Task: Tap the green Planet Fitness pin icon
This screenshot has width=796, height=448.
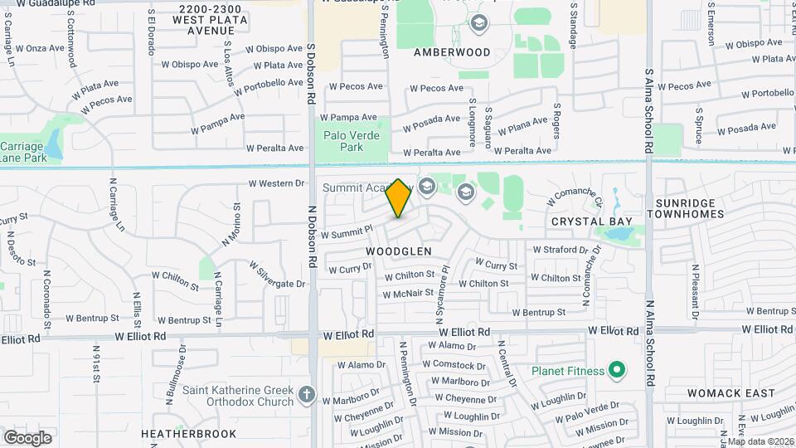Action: pos(616,369)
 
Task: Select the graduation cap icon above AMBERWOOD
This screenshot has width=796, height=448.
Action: pos(478,23)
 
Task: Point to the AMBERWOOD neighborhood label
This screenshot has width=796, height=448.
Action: pos(452,51)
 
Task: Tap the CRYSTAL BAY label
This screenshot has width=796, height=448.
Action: pos(592,222)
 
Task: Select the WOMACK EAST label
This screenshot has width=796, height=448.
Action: pos(722,393)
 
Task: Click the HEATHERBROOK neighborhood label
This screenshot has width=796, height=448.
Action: pos(188,434)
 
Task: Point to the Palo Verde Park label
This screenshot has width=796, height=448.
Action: pos(352,141)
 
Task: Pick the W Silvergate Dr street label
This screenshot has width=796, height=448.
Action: pos(276,276)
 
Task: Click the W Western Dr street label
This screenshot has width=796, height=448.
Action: pos(277,183)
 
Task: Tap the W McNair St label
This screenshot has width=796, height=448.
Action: pos(409,293)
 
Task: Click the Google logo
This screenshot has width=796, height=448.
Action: pos(27,437)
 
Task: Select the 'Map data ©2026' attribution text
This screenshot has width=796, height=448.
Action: pos(760,441)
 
